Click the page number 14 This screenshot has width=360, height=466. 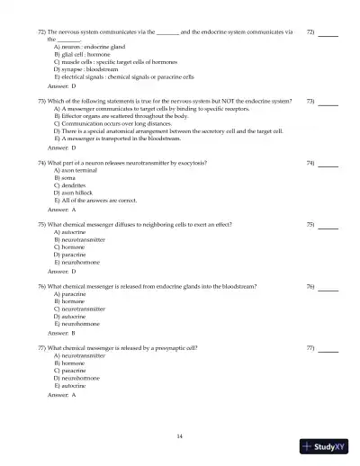[180, 436]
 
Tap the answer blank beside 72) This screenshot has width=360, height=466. [328, 35]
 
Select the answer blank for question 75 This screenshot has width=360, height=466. [328, 226]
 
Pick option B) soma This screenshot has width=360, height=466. [64, 178]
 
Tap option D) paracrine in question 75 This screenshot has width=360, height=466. [71, 255]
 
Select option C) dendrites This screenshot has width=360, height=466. [70, 185]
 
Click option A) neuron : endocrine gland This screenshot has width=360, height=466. [94, 47]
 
